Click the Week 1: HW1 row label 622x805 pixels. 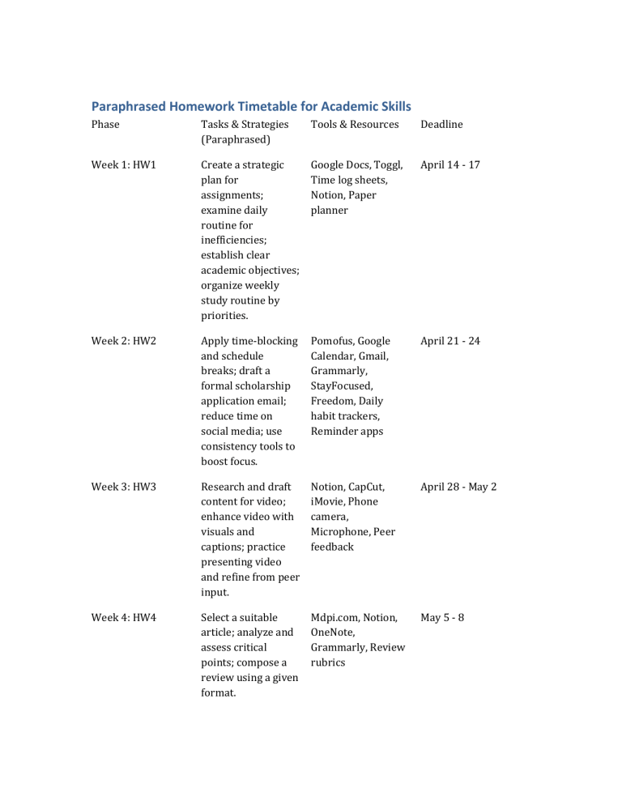pyautogui.click(x=123, y=165)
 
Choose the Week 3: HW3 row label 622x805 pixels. pyautogui.click(x=123, y=488)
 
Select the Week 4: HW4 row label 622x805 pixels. pyautogui.click(x=123, y=618)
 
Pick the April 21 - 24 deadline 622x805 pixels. pyautogui.click(x=449, y=341)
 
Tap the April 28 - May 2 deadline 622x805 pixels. pyautogui.click(x=458, y=488)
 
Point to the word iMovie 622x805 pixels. pyautogui.click(x=331, y=502)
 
